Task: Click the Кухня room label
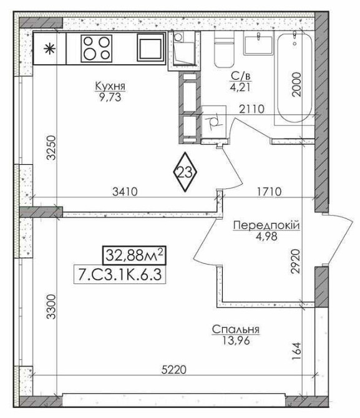(x=110, y=86)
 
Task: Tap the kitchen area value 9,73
(x=110, y=97)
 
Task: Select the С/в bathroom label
(x=241, y=77)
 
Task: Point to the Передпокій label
(x=266, y=225)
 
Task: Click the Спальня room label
(x=236, y=329)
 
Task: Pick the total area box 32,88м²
(x=134, y=255)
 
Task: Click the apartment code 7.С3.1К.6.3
(x=119, y=275)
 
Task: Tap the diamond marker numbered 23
(x=185, y=172)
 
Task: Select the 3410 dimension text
(x=125, y=192)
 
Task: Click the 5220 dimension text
(x=174, y=369)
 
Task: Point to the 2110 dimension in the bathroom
(x=251, y=109)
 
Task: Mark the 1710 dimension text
(x=270, y=192)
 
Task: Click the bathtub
(x=294, y=77)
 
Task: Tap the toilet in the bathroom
(x=224, y=49)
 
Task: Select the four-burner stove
(x=97, y=48)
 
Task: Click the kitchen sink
(x=151, y=47)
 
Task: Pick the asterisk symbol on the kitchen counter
(x=49, y=49)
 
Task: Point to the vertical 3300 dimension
(x=51, y=306)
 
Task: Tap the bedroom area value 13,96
(x=236, y=341)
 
